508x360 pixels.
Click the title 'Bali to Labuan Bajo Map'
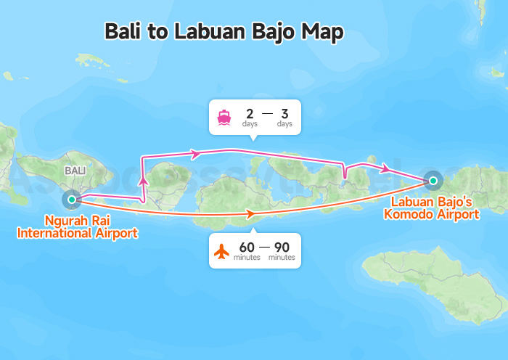224,32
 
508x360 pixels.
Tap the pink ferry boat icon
224,117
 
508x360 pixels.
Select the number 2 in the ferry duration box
250,113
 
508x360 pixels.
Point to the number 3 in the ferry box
284,113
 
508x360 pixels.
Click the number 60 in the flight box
246,247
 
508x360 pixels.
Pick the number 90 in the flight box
282,247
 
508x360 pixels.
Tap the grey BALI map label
75,171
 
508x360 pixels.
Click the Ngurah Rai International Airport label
77,226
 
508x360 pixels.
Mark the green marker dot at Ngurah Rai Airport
72,198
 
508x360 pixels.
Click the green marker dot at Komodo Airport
433,180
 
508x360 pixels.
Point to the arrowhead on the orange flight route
250,214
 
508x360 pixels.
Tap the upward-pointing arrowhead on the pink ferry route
143,180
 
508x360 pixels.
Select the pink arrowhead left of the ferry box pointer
194,154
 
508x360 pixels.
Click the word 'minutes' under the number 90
282,258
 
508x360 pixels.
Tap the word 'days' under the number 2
250,123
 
